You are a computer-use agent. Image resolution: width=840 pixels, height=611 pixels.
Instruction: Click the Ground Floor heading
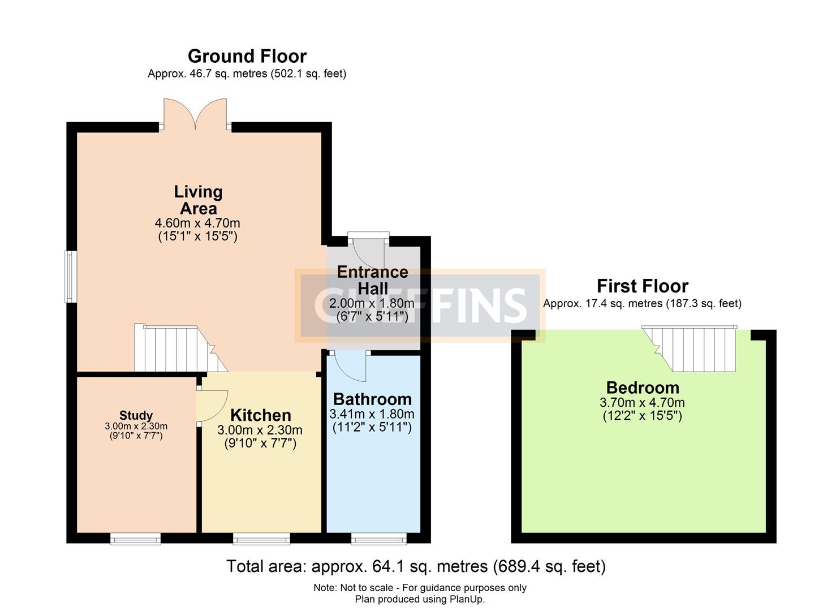(x=247, y=56)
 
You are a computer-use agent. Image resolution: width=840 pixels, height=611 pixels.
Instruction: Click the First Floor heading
(x=642, y=286)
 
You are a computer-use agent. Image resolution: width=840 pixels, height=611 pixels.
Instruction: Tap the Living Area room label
(x=198, y=200)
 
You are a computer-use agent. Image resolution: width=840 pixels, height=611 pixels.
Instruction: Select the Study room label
(x=136, y=416)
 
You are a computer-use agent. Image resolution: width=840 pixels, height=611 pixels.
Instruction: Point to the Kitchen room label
(x=260, y=415)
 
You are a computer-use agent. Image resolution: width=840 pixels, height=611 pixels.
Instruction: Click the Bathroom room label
(x=372, y=399)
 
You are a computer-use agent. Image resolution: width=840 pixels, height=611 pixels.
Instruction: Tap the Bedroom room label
(x=642, y=388)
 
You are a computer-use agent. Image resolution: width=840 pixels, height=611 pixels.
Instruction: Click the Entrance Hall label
(x=372, y=279)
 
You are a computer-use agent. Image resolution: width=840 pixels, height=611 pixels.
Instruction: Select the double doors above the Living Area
(x=195, y=115)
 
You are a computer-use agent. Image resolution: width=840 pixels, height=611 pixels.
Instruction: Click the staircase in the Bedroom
(x=695, y=348)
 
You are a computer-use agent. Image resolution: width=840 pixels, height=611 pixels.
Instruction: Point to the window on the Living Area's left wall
(x=71, y=277)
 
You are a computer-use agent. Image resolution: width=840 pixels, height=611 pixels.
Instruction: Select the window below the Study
(x=135, y=539)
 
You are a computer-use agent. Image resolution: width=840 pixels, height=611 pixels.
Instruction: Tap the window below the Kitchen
(x=261, y=539)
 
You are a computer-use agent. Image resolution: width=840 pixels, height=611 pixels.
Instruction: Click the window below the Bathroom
(x=378, y=539)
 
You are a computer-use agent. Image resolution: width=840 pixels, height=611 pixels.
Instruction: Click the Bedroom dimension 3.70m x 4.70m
(x=642, y=403)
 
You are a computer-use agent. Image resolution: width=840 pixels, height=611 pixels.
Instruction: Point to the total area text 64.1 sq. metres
(x=416, y=566)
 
